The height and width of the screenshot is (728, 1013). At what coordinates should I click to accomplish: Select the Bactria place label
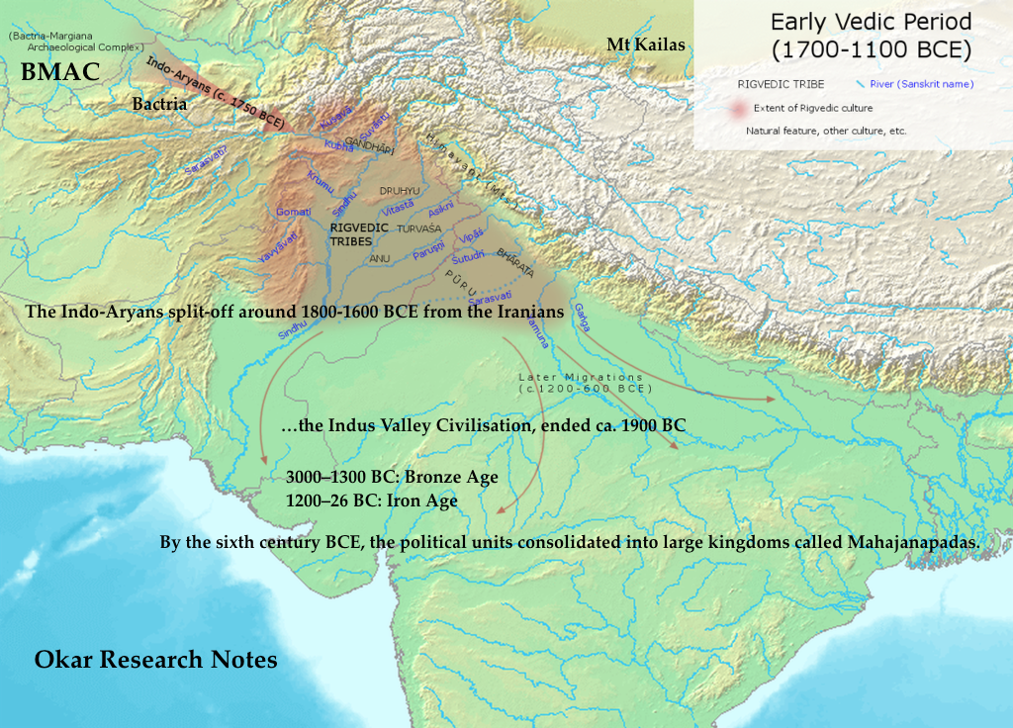coord(159,104)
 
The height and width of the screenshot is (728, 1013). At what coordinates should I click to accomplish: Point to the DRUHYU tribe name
coord(400,190)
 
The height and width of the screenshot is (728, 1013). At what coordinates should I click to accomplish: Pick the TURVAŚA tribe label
coord(418,227)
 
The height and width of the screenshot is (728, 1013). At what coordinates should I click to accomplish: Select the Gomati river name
coord(294,212)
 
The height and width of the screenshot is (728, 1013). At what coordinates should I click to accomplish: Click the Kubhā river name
coord(339,145)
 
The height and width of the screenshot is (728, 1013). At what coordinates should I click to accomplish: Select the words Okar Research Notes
coord(155,660)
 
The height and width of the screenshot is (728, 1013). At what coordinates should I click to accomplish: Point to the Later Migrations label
coord(581,378)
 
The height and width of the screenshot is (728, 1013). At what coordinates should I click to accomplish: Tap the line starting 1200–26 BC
coord(371,500)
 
